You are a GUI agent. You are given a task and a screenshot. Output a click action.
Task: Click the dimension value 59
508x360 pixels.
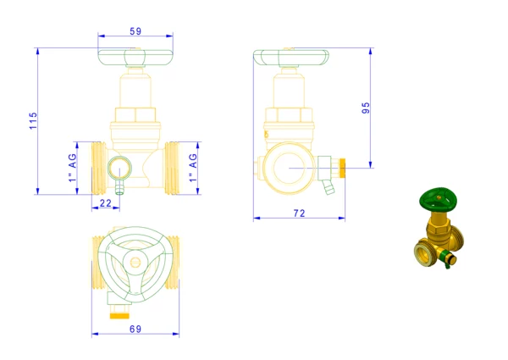pos(135,31)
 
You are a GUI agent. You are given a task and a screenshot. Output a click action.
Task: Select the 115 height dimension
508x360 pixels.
pos(33,121)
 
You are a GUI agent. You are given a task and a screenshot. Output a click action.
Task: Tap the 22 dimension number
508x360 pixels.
pos(106,203)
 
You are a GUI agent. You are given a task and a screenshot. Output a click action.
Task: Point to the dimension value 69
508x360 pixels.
pos(135,329)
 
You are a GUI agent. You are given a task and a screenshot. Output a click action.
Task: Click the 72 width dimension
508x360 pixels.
pos(300,213)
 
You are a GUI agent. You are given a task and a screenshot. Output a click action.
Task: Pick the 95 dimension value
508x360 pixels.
pos(366,108)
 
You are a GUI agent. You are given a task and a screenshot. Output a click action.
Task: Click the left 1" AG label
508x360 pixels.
pos(73,168)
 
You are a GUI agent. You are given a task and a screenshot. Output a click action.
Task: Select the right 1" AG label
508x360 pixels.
pos(193,168)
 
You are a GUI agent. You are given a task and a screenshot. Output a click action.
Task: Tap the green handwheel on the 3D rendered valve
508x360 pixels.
pos(438,198)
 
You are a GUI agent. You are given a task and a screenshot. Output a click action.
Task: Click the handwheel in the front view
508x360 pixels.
pos(135,58)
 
